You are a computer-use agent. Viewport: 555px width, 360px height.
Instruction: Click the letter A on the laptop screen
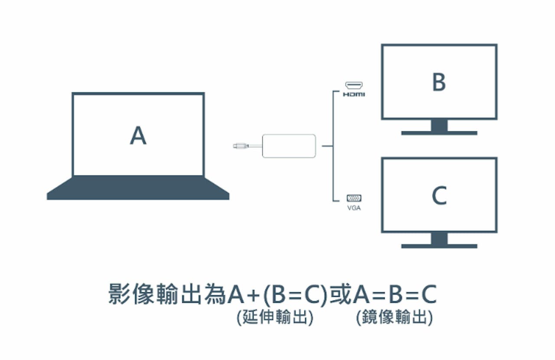tap(138, 136)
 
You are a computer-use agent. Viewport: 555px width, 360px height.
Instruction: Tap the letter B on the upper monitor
tap(439, 82)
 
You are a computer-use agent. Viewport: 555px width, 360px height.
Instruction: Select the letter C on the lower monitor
tap(439, 196)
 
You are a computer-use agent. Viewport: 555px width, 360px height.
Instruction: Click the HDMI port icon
tap(354, 85)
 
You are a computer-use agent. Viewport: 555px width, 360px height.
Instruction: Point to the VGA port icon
tap(354, 198)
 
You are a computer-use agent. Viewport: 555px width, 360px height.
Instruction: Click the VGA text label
tap(354, 208)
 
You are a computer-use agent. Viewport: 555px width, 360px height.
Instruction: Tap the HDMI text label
tap(354, 94)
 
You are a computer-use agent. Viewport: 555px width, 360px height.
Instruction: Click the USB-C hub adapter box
tap(289, 146)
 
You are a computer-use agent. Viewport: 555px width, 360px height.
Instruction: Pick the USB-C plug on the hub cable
tap(240, 146)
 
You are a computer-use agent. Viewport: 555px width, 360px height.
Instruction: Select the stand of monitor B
tap(439, 127)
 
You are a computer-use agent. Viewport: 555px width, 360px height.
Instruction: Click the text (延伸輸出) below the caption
tap(275, 318)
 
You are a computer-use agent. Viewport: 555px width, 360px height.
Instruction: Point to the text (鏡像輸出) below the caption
tap(394, 318)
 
